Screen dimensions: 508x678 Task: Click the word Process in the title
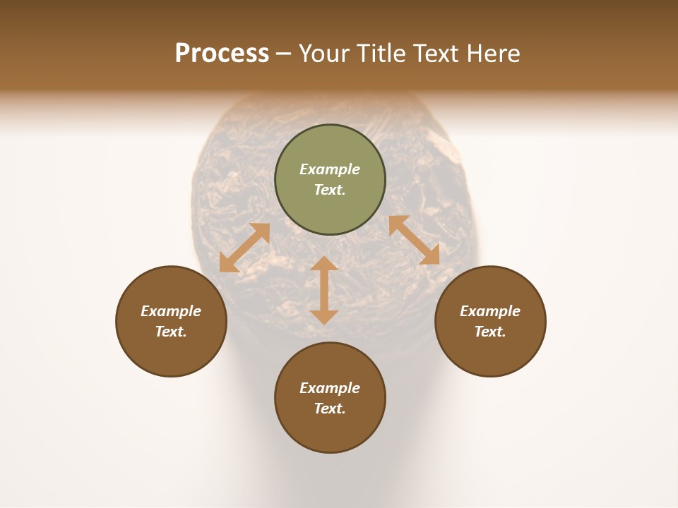click(x=222, y=54)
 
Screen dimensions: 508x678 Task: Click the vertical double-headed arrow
click(x=324, y=290)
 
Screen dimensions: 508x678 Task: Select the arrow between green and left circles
click(x=245, y=248)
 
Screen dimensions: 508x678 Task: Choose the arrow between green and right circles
click(x=414, y=240)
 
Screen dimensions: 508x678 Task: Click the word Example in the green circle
click(x=330, y=169)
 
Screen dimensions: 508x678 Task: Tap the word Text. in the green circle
click(x=330, y=190)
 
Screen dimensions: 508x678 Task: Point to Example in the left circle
click(x=171, y=311)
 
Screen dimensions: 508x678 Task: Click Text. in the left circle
click(x=171, y=332)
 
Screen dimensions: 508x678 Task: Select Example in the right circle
click(x=490, y=311)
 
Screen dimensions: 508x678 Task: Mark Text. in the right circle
click(x=490, y=332)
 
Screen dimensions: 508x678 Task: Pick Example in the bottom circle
click(x=330, y=388)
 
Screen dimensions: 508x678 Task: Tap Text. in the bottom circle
click(x=330, y=409)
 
